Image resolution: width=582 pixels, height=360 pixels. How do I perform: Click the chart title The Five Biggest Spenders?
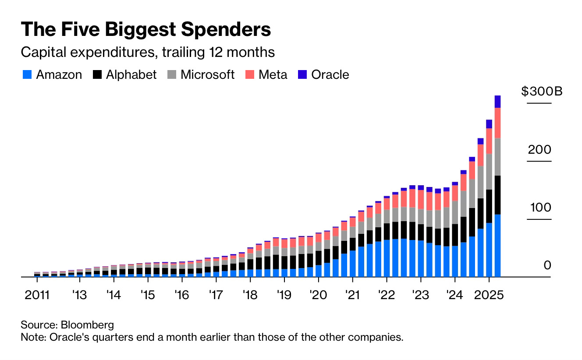(x=145, y=29)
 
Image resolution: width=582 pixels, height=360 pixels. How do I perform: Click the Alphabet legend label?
(x=131, y=75)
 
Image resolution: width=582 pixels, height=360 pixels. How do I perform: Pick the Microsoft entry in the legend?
(x=207, y=75)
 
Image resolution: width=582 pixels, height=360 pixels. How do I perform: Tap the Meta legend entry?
(x=273, y=75)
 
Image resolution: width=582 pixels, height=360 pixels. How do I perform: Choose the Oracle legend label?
(x=330, y=75)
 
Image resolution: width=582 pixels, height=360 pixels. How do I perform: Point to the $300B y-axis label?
(x=542, y=92)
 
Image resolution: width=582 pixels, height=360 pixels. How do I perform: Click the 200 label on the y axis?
(x=539, y=150)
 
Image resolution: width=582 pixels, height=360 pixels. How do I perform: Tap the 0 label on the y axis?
(x=547, y=265)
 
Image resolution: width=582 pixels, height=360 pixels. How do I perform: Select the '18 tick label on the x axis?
(x=250, y=294)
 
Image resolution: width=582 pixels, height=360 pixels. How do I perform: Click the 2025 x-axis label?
(x=490, y=294)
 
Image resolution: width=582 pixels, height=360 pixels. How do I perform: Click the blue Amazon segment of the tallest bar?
(x=497, y=245)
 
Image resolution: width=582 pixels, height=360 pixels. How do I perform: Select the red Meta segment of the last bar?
(x=497, y=123)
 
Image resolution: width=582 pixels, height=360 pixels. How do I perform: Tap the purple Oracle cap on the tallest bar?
(x=497, y=102)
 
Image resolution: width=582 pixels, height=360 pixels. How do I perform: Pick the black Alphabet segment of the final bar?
(x=497, y=195)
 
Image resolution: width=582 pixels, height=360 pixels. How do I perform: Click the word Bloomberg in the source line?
(x=87, y=325)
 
